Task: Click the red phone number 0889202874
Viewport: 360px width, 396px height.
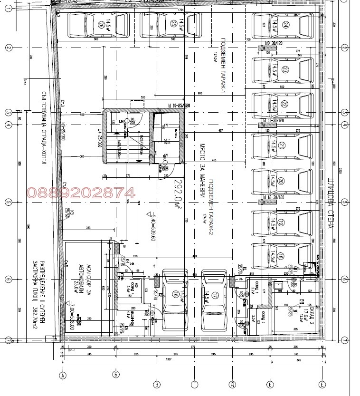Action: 80,193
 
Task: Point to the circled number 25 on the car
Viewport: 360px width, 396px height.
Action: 174,23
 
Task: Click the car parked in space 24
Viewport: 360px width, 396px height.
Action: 282,27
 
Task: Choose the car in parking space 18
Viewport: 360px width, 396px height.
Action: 282,257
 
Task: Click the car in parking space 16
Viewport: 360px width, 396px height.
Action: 176,295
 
